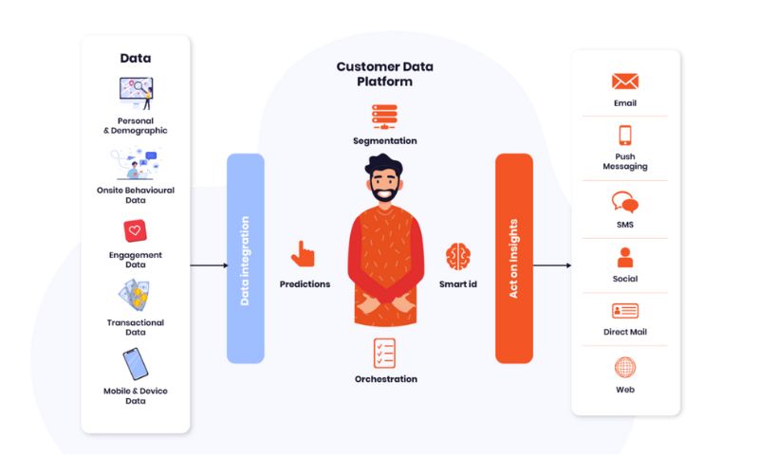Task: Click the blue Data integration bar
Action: (x=245, y=258)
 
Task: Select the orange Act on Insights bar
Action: (x=513, y=258)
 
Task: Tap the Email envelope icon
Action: (x=625, y=82)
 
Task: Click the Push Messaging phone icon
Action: (x=625, y=135)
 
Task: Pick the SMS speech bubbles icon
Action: (x=625, y=203)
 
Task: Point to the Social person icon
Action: (x=625, y=257)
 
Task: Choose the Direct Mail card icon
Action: (x=625, y=311)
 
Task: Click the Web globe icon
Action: (x=625, y=367)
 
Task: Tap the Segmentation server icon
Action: (x=385, y=117)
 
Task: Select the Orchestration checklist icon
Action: (x=385, y=354)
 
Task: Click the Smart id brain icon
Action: (x=458, y=256)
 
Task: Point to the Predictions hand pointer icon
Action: (x=304, y=254)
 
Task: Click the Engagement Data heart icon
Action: (x=135, y=230)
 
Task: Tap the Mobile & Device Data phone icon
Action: (x=135, y=364)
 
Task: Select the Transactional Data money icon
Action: (x=135, y=297)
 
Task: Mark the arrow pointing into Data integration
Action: (x=208, y=265)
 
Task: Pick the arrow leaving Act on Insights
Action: (x=551, y=265)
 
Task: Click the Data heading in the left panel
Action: (x=135, y=58)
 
